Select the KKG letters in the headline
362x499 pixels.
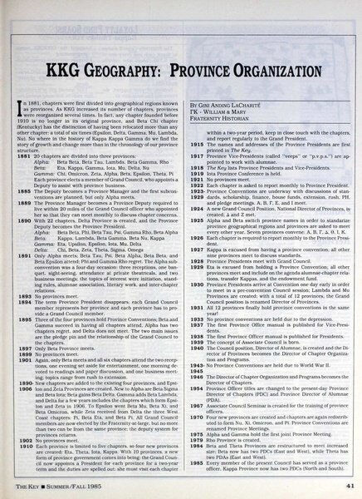[x=75, y=87]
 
